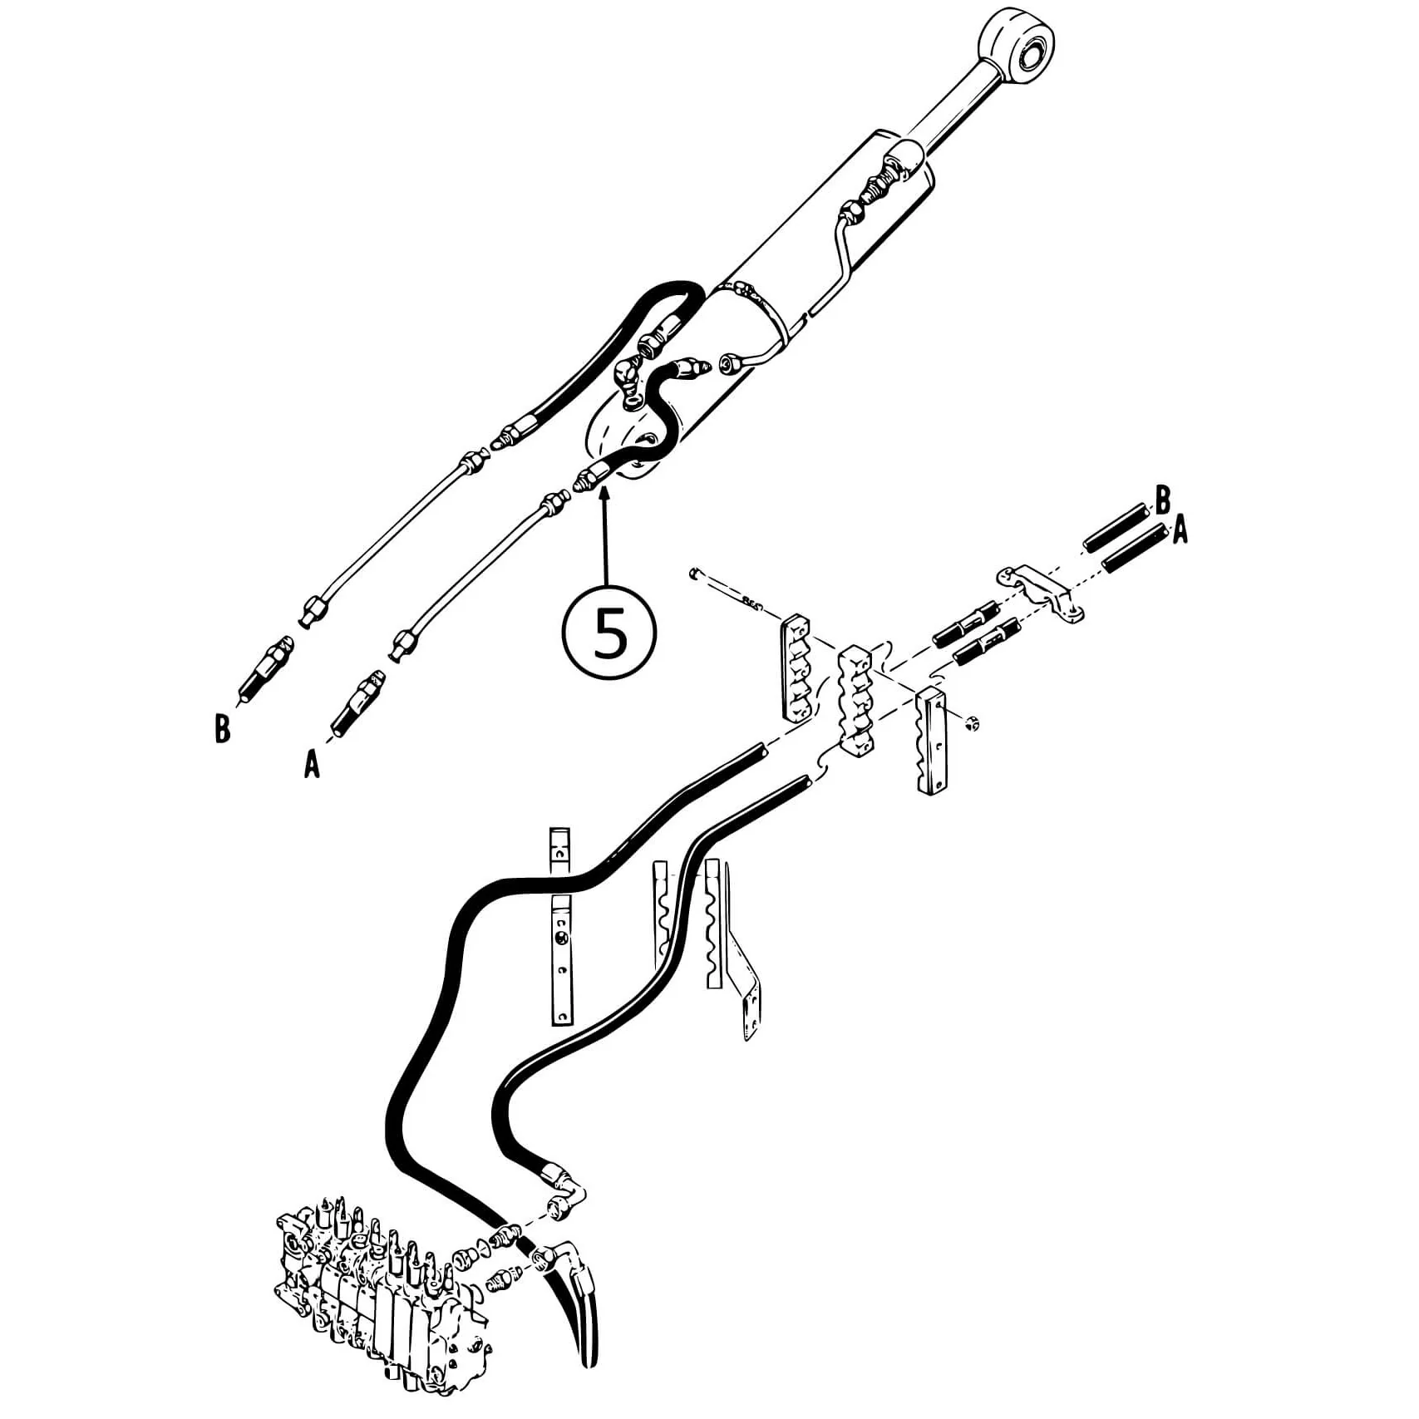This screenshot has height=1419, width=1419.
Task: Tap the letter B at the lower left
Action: tap(222, 729)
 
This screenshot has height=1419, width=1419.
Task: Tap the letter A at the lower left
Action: tap(312, 764)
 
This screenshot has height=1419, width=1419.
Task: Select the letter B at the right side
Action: tap(1163, 500)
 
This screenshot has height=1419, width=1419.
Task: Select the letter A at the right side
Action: tap(1180, 530)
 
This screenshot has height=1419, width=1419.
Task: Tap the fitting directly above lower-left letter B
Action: tap(266, 668)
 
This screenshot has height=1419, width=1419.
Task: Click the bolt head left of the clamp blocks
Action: tap(693, 574)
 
